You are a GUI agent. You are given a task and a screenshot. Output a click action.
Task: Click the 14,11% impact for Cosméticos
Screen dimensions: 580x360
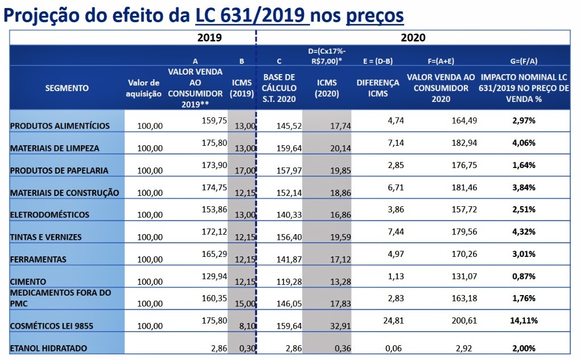click(524, 321)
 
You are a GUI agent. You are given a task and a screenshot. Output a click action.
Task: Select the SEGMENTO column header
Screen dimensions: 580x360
click(67, 88)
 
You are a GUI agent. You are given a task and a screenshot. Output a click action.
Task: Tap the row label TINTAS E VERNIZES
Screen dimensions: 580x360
click(46, 237)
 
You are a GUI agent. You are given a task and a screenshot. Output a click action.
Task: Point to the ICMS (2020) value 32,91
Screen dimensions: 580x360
click(341, 326)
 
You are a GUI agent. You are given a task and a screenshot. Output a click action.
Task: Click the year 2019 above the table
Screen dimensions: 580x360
click(209, 38)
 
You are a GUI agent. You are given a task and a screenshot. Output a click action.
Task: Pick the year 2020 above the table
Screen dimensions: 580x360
click(413, 38)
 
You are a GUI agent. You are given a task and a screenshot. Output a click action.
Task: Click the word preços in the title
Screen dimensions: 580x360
click(375, 15)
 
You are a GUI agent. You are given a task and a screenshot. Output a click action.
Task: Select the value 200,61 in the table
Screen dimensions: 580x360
click(464, 321)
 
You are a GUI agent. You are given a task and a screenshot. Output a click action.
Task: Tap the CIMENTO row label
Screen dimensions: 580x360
click(28, 282)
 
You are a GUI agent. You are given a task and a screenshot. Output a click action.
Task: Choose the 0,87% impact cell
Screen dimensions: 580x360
click(524, 276)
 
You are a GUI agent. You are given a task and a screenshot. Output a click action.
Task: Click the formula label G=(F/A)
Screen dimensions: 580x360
click(524, 61)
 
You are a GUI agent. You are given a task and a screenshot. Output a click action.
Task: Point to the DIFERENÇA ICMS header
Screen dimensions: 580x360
click(378, 88)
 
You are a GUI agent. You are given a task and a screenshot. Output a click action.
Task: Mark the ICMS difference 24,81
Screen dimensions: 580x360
click(393, 321)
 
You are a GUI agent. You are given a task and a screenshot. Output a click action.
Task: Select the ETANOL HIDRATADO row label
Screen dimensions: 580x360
click(48, 349)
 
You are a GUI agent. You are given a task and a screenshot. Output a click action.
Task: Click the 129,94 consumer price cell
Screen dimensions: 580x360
click(214, 276)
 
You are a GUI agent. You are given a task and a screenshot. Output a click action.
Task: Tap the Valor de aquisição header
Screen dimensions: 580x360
click(143, 88)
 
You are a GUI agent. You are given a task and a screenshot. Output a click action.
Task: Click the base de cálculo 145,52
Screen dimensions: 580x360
click(289, 126)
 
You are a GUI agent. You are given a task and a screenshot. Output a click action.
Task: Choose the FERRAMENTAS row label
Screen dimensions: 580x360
click(38, 260)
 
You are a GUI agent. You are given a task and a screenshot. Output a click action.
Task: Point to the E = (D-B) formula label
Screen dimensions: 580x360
click(378, 61)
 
